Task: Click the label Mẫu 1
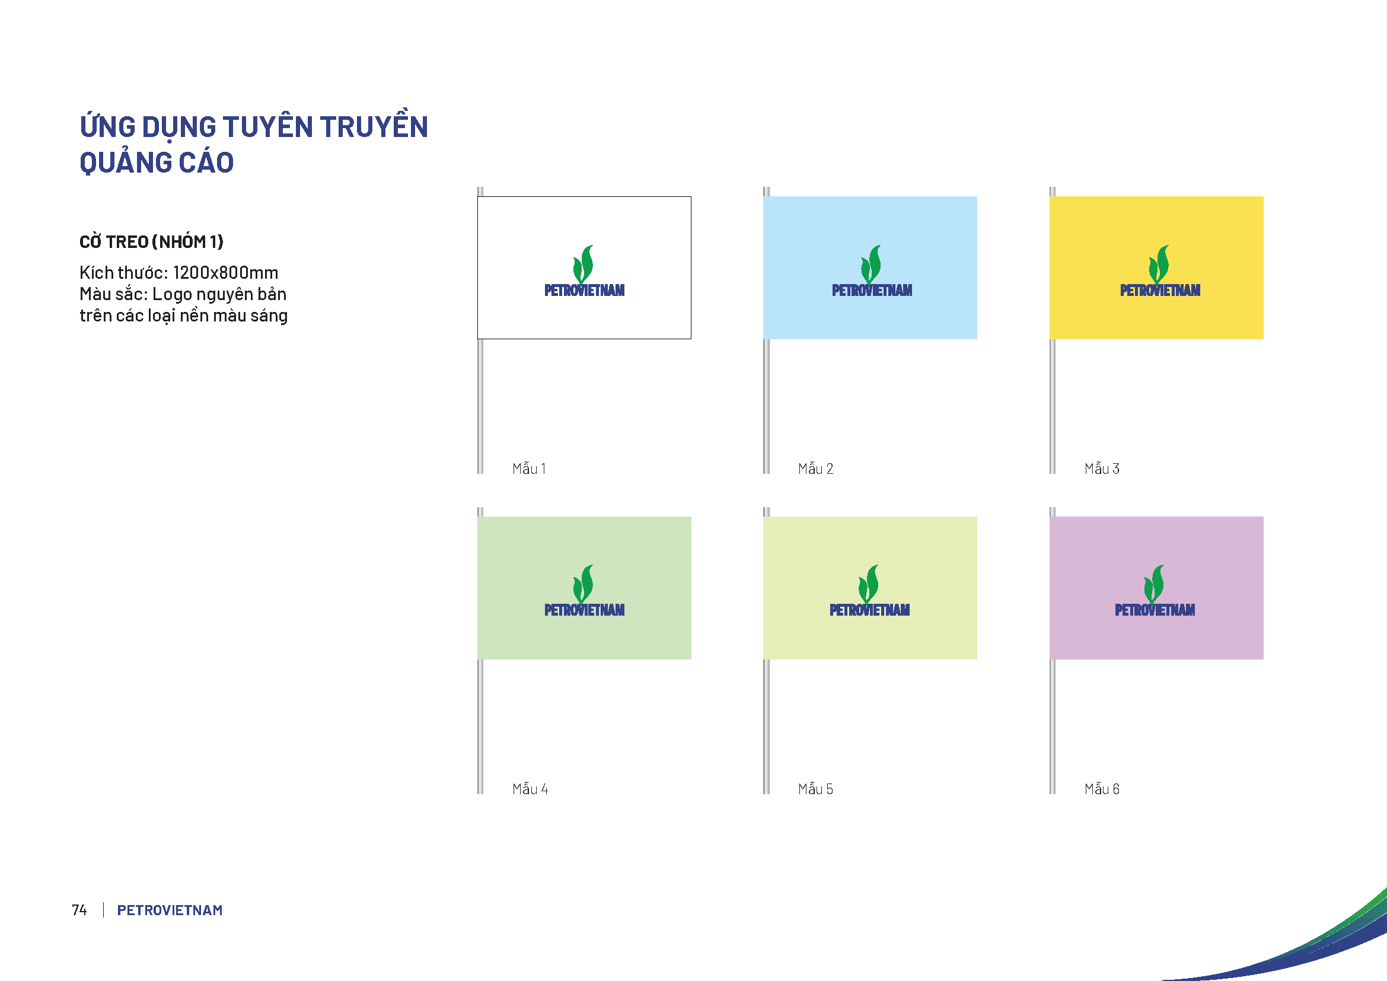pos(528,468)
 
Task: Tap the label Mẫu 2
pos(815,468)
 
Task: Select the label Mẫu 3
pos(1102,468)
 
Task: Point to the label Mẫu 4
pos(530,788)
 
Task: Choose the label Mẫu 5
pos(815,788)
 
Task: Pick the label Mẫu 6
pos(1102,788)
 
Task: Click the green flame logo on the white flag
pos(584,265)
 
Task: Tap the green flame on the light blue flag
pos(871,265)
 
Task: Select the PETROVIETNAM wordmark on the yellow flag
pos(1160,291)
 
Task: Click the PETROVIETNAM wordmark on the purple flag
pos(1155,610)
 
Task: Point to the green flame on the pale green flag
pos(584,584)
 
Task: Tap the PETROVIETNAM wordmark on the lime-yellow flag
pos(869,610)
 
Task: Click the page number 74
pos(79,910)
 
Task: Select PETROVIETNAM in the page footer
pos(170,910)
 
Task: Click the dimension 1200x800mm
pos(225,272)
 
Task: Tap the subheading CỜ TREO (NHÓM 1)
pos(151,241)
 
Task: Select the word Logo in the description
pos(172,295)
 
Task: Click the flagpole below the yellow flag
pos(1053,406)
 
